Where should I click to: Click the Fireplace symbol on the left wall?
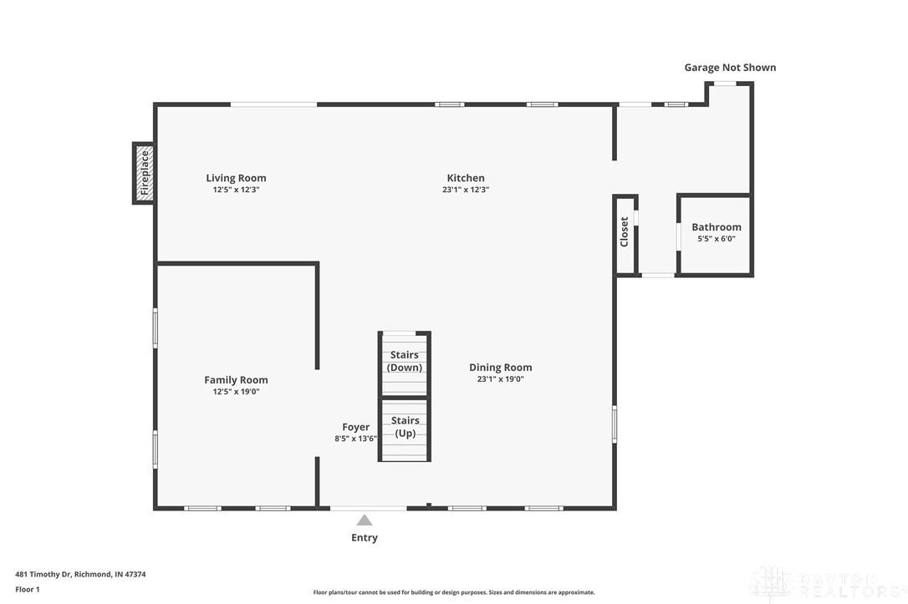tap(144, 173)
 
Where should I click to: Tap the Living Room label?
tap(236, 178)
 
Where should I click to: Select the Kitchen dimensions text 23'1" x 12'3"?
tap(466, 190)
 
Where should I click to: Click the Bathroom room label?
tap(716, 227)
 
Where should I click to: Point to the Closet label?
tap(625, 232)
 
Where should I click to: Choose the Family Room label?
tap(236, 380)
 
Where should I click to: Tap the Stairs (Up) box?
tap(405, 428)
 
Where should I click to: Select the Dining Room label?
tap(500, 368)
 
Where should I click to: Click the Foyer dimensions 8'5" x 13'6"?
tap(355, 439)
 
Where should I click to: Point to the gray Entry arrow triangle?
tap(365, 520)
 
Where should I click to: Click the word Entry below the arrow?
tap(365, 538)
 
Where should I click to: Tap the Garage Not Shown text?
tap(730, 68)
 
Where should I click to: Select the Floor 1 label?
tap(28, 589)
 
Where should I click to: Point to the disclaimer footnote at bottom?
tap(454, 592)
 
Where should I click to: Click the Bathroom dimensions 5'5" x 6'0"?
tap(716, 239)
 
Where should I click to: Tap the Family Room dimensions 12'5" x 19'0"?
tap(236, 391)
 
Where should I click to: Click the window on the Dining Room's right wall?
tap(615, 424)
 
